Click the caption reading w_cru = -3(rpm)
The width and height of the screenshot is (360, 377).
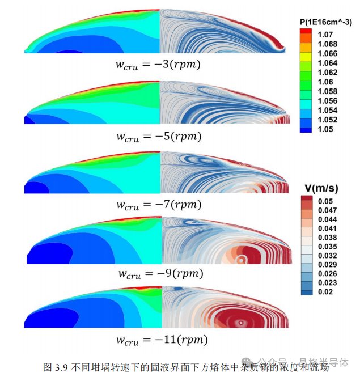[x=159, y=65]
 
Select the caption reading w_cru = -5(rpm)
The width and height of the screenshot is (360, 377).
[x=159, y=136]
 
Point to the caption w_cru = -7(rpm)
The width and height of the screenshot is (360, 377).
[x=159, y=205]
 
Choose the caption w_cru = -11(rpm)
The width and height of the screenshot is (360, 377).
[x=161, y=340]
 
